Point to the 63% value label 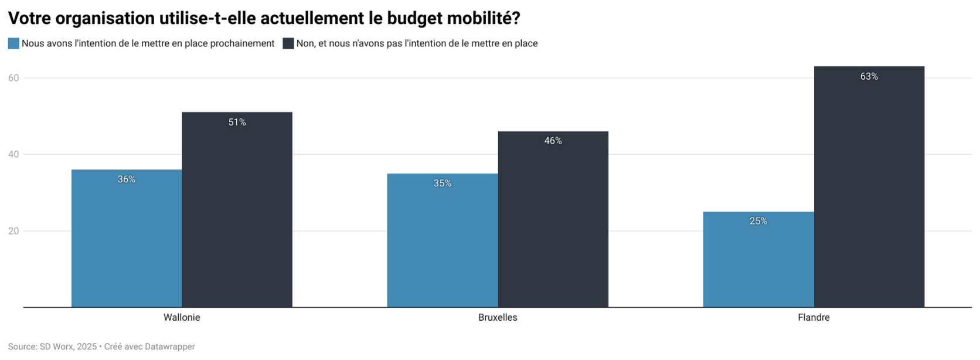point(869,77)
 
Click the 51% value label point(237,123)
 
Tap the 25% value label point(758,221)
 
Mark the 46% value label point(553,141)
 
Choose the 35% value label point(443,184)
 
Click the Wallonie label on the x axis point(182,318)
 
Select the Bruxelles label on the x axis point(498,318)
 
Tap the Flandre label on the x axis point(814,318)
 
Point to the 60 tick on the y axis point(13,78)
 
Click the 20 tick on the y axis point(13,231)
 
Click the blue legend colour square point(13,43)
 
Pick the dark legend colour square point(288,43)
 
